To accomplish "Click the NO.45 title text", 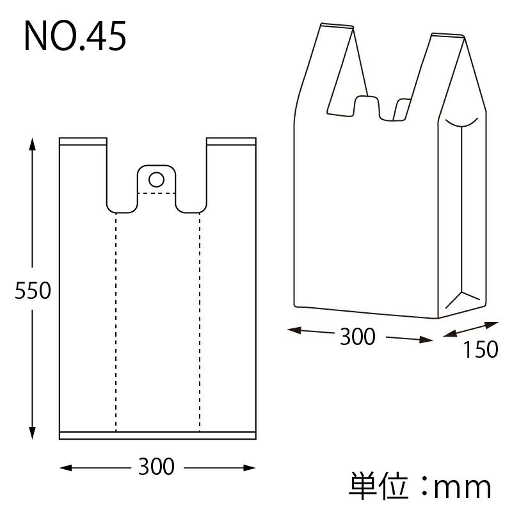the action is coord(75,36).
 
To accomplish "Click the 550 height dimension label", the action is coord(33,291).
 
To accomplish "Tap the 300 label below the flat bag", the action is coord(156,467).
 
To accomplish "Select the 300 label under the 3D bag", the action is coord(358,337).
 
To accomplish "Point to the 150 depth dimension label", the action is coord(481,349).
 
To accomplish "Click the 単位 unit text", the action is coord(379,486).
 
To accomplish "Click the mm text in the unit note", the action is coord(462,488).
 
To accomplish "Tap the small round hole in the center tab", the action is coord(156,179).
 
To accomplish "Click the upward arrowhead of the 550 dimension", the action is coord(32,145).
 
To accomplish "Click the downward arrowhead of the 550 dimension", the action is coord(32,433).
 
